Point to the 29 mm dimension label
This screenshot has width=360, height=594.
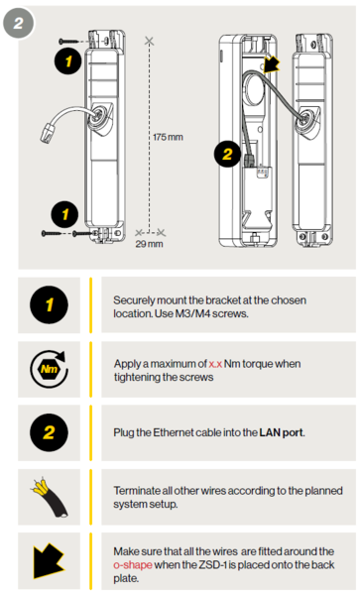149,243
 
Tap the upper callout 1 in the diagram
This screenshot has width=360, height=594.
66,61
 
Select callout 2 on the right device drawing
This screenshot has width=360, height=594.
226,155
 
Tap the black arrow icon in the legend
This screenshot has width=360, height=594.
50,563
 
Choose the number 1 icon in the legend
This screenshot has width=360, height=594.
50,305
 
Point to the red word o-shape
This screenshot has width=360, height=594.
136,564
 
